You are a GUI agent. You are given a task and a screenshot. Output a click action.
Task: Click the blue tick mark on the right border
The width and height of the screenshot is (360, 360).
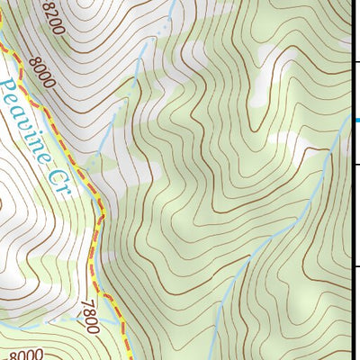tap(355, 121)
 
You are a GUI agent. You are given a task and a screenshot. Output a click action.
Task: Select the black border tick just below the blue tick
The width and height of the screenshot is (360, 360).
tap(355, 166)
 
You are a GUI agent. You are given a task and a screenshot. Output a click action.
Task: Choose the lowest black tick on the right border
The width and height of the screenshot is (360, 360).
tap(355, 266)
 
